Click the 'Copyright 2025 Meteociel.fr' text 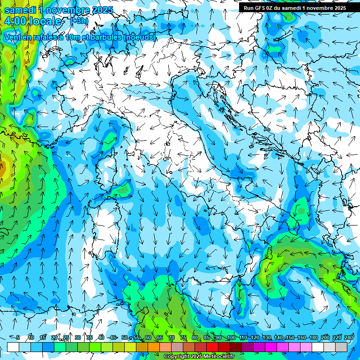tap(199, 357)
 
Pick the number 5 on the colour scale tap(18, 338)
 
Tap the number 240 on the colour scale tap(349, 338)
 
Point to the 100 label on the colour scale tap(231, 338)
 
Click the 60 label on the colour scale tap(148, 338)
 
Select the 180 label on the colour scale tap(313, 338)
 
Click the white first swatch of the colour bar tap(13, 347)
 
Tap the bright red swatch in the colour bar tap(212, 347)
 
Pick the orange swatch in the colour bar tap(142, 347)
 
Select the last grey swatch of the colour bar tap(341, 347)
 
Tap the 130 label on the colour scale tap(266, 338)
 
